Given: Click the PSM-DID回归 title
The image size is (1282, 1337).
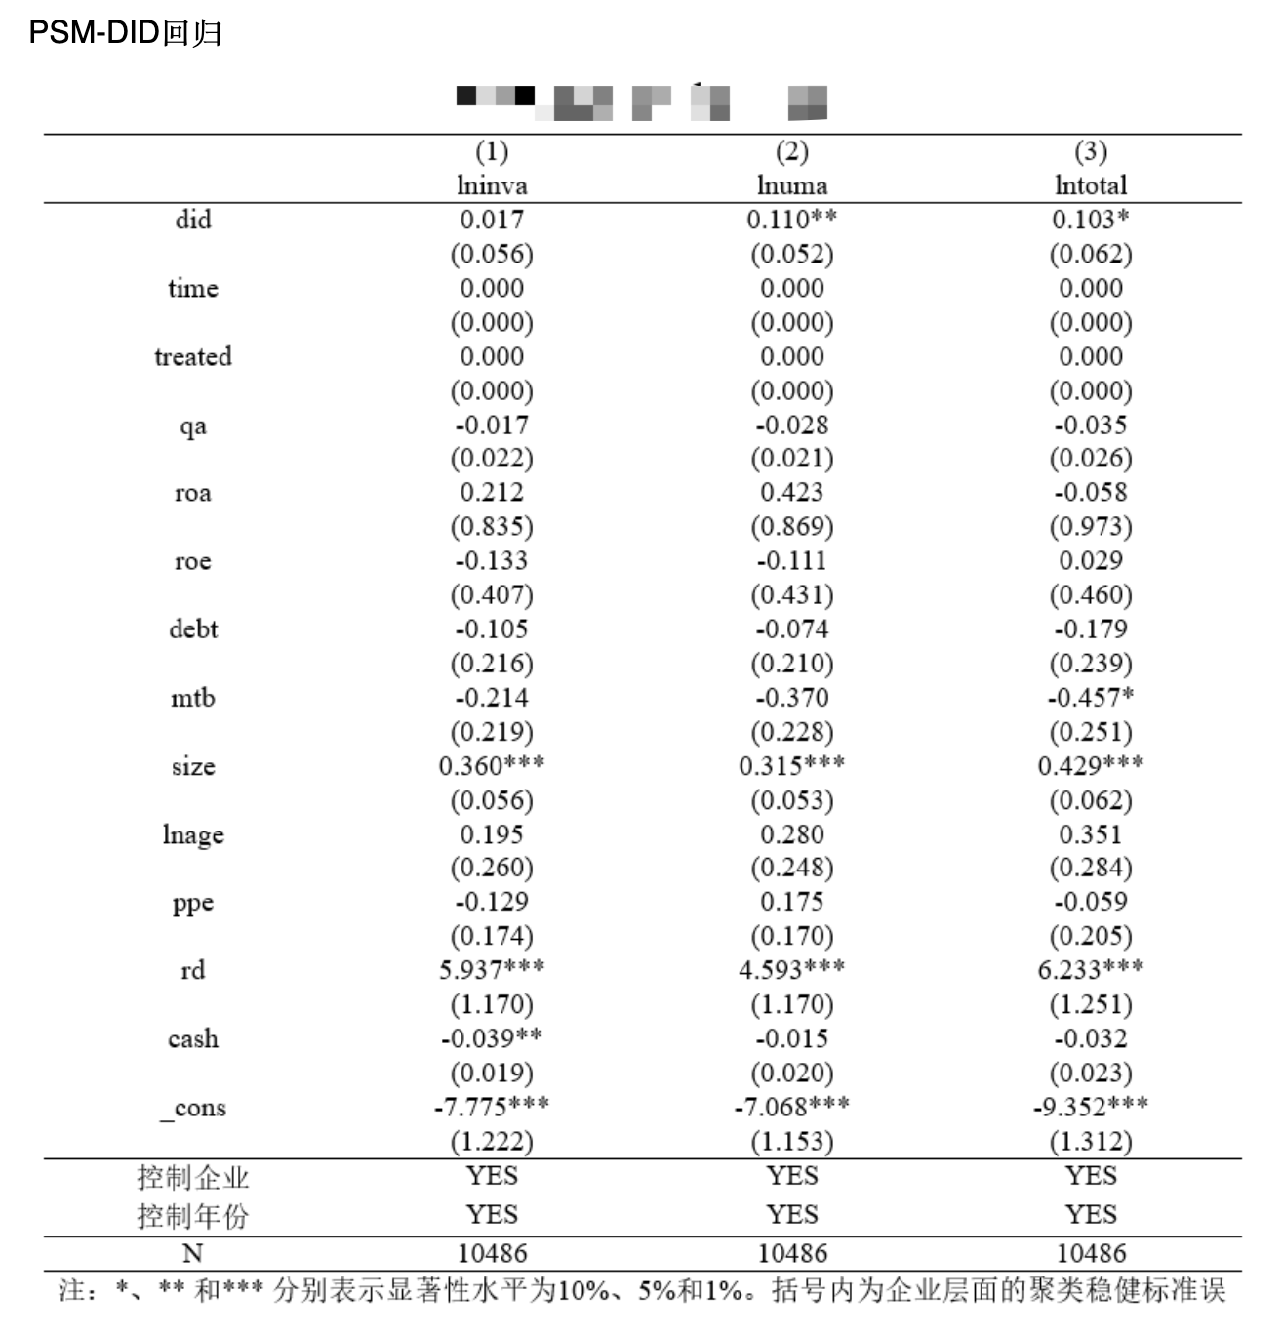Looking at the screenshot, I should pos(125,32).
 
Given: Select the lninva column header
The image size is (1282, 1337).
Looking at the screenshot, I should pos(492,185).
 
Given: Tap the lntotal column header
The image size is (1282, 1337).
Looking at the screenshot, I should pos(1091,185).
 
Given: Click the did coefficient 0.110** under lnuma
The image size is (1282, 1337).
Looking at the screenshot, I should pos(791,220).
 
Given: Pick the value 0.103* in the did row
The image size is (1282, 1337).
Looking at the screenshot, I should pos(1091,220).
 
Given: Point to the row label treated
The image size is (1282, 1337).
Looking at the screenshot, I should pos(193,356).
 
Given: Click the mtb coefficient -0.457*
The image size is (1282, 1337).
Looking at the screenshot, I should pos(1091,698).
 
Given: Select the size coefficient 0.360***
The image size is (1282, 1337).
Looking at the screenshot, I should pos(492,766).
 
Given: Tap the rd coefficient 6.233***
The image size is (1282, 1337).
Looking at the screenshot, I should pos(1091,970).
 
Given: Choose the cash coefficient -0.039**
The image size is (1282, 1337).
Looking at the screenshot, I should pos(492,1038).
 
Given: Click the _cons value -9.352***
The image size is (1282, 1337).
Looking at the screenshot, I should pos(1091,1107).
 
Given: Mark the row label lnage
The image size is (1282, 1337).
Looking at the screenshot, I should pos(193,835).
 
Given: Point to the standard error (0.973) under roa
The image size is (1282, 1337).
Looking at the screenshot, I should pos(1091,527).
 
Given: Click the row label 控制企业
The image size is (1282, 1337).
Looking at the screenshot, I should pos(193,1178).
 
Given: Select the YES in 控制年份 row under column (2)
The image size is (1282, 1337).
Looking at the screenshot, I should pos(791,1215).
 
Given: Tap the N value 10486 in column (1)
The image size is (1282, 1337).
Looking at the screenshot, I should pos(492,1253).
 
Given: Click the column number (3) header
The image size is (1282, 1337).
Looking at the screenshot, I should pos(1091,151).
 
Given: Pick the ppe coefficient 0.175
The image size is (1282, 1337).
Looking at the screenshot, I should pos(791,902).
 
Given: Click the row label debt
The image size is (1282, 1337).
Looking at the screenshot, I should pos(193,629).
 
